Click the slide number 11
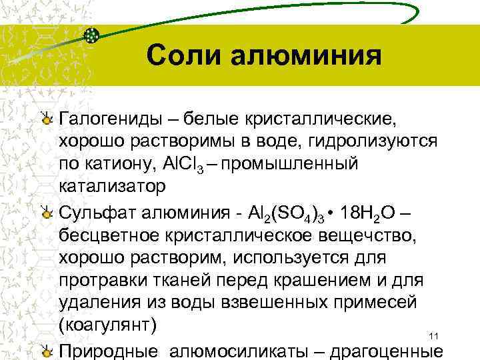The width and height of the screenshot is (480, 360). [433, 335]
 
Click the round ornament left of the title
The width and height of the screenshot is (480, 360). [93, 35]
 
